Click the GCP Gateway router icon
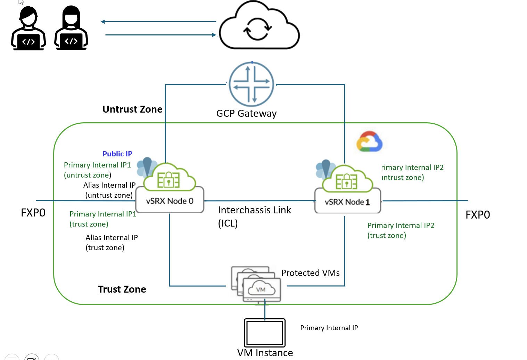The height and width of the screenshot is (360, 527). pos(252,84)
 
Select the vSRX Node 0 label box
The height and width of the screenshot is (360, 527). pos(170,201)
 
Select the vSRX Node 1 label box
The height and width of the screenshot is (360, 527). pos(347,202)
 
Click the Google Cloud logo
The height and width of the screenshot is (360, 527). pos(369,142)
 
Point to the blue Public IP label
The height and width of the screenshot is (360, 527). pos(117,154)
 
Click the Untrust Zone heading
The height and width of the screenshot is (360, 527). pos(132,109)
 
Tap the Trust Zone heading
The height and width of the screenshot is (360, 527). pos(122,289)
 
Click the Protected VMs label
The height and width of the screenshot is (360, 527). pos(310,273)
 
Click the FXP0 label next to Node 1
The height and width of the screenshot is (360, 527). pos(478,215)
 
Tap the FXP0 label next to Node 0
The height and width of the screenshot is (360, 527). pos(33,213)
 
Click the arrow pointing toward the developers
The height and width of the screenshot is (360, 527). pos(158,22)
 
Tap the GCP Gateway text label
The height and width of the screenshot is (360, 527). pos(246,113)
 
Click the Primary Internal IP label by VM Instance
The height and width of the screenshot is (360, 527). pos(329,328)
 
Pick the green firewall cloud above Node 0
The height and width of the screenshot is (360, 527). pos(170,178)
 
